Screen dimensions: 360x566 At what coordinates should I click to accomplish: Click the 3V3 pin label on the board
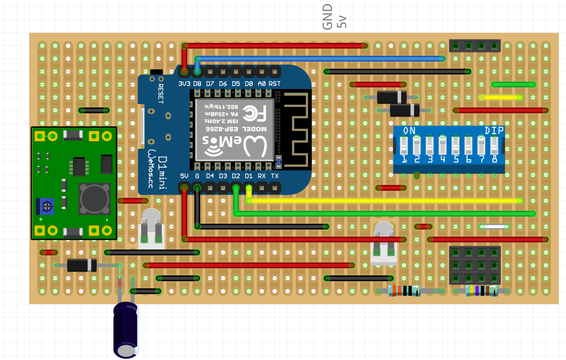click(x=184, y=84)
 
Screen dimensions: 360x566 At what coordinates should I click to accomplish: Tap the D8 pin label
click(x=197, y=84)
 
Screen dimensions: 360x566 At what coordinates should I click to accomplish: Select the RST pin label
click(x=275, y=84)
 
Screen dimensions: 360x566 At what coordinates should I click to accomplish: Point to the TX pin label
click(x=275, y=176)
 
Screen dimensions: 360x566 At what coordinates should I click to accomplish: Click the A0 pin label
click(x=262, y=84)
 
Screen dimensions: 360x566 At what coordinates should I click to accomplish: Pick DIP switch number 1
click(x=404, y=146)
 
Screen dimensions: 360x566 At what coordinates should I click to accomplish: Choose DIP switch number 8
click(x=494, y=146)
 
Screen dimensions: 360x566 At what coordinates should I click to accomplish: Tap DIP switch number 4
click(x=443, y=146)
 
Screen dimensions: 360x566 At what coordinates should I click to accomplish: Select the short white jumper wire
click(x=494, y=227)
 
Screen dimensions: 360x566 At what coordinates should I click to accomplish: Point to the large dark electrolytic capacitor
click(x=125, y=330)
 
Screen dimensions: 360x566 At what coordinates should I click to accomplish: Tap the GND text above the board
click(x=328, y=17)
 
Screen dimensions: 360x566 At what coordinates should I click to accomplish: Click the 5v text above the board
click(x=342, y=22)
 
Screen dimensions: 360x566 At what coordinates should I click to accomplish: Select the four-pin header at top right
click(x=475, y=45)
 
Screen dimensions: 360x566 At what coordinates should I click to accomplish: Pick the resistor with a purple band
click(x=482, y=291)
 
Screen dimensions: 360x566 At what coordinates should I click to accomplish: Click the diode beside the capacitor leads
click(x=82, y=265)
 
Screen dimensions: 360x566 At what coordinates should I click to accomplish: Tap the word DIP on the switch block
click(x=494, y=130)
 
